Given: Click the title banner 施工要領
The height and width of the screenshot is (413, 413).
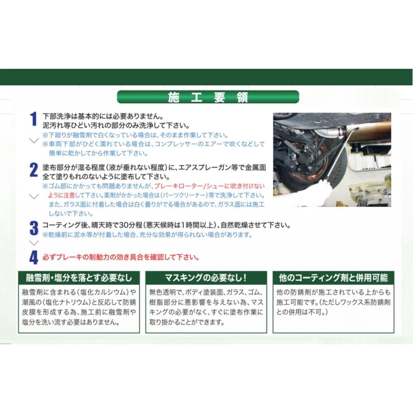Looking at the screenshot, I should [208, 97].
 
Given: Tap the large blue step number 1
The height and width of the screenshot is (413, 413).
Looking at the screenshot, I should [33, 119].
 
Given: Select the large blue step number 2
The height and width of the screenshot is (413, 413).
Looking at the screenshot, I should [33, 170].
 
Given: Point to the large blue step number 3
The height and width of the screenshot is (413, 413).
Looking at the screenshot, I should [33, 228].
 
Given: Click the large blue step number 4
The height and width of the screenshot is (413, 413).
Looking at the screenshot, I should [33, 257].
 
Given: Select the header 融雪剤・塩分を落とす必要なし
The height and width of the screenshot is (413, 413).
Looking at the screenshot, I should [78, 278].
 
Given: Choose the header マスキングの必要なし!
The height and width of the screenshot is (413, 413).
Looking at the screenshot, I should [206, 278].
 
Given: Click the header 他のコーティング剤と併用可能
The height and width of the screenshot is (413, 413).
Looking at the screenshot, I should [333, 278].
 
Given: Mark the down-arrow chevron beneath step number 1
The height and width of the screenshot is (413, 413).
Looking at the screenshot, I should [33, 140].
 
